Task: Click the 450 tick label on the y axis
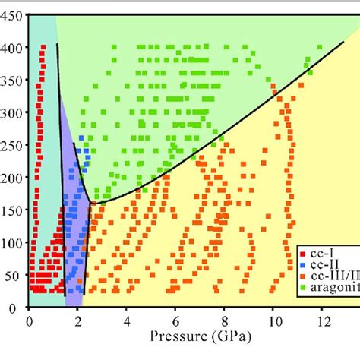pos(12,14)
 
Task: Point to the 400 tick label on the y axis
pos(12,47)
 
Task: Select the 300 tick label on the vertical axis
pos(12,112)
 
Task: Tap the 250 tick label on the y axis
pos(12,145)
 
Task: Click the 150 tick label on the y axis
pos(12,210)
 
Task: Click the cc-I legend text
pos(323,251)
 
